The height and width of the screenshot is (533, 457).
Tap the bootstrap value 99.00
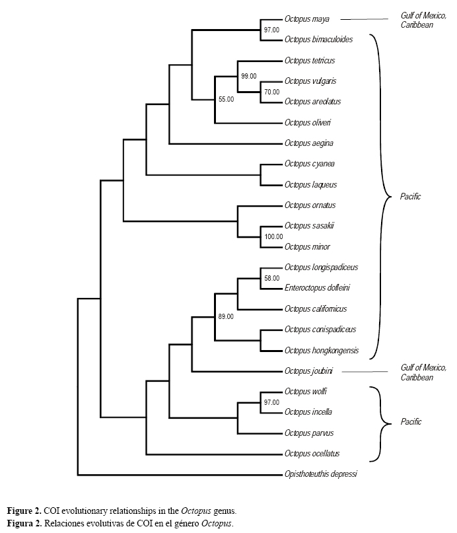pos(250,76)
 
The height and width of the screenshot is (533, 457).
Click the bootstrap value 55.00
pos(227,99)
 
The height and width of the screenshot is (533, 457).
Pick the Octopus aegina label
pos(309,143)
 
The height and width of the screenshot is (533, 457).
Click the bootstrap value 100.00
pos(273,236)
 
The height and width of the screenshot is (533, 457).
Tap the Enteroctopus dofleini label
pos(316,288)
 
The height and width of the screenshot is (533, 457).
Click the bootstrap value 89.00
pos(226,317)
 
